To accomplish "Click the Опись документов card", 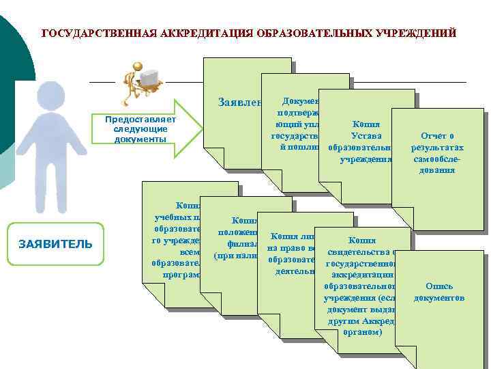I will pos(438,292).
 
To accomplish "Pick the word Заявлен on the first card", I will pos(240,103).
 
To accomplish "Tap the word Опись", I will pos(439,286).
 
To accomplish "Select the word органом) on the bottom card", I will pos(366,333).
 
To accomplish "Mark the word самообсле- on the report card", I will pos(438,159).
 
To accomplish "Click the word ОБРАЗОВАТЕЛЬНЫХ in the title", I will pos(310,33).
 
